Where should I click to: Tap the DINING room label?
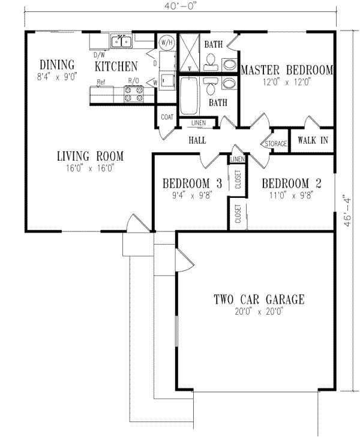coord(57,65)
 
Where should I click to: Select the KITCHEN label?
coord(116,66)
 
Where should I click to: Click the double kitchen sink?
coord(122,41)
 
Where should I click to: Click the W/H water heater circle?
coord(166,43)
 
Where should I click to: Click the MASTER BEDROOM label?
coord(286,70)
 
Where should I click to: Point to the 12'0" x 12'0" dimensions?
coord(286,83)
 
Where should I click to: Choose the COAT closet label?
coord(166,117)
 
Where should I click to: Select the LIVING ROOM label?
coord(90,156)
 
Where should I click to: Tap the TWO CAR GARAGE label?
coord(259,299)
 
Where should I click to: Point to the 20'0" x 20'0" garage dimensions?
coord(259,312)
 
